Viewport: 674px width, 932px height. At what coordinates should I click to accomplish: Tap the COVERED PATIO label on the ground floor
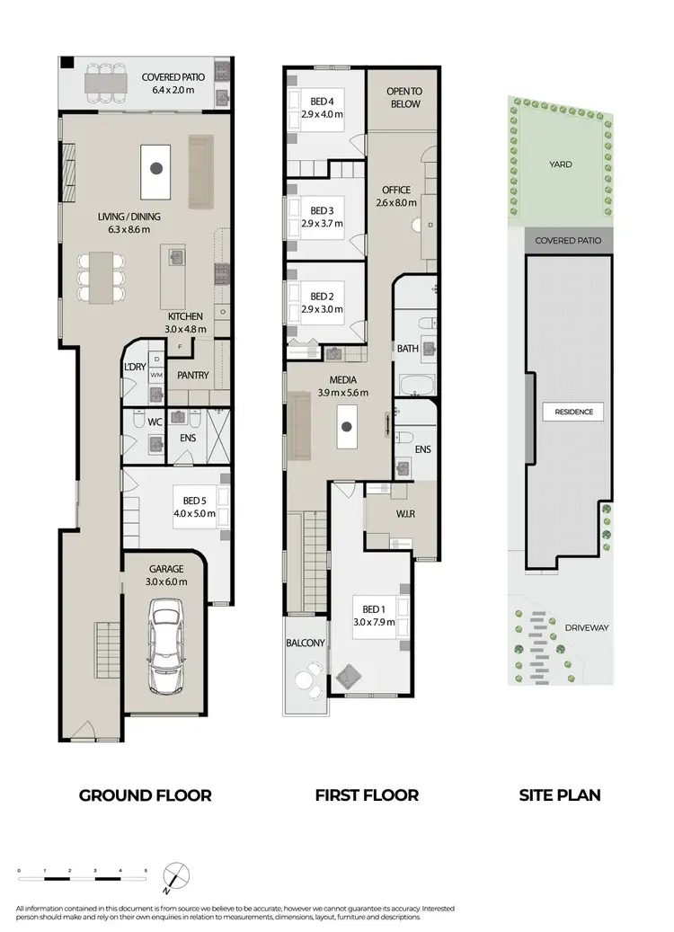coord(173,77)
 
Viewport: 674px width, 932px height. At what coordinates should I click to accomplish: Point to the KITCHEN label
coord(183,317)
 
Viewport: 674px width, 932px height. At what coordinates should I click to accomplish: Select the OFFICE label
coord(395,191)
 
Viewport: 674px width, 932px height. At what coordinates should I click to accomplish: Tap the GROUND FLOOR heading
coord(146,795)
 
